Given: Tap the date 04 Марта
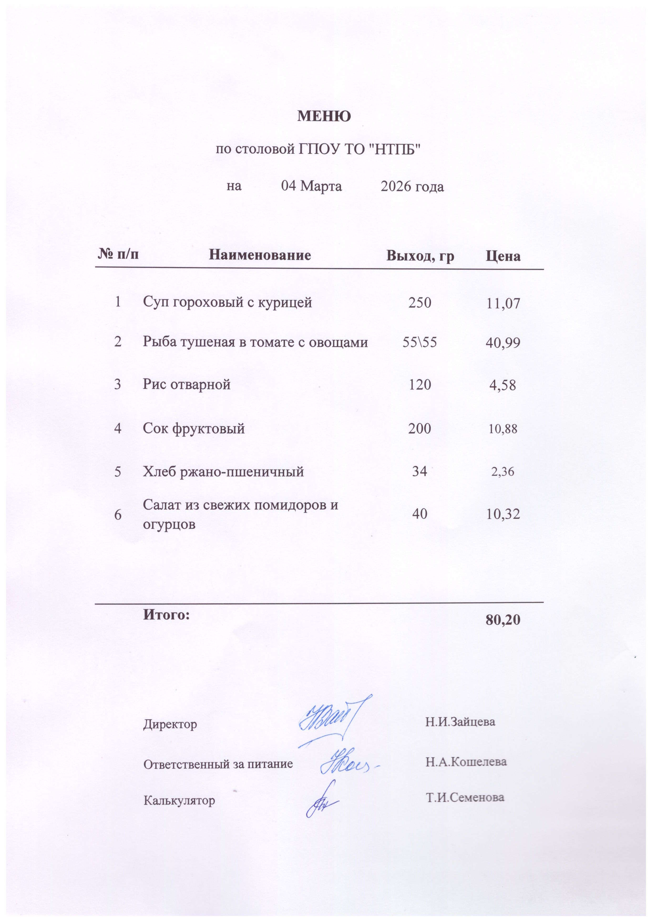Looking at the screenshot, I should [x=312, y=187].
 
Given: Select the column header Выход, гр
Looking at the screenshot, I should [x=420, y=256].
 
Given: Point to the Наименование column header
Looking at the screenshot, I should [x=260, y=255].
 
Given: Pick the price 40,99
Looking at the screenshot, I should [x=503, y=343].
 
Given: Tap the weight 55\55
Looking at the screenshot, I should [x=419, y=342].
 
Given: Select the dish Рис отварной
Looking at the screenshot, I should [x=187, y=384].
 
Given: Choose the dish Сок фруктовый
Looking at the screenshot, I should [x=194, y=429].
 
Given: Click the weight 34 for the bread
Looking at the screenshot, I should [x=419, y=471].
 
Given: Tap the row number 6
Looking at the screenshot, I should [x=118, y=515].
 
